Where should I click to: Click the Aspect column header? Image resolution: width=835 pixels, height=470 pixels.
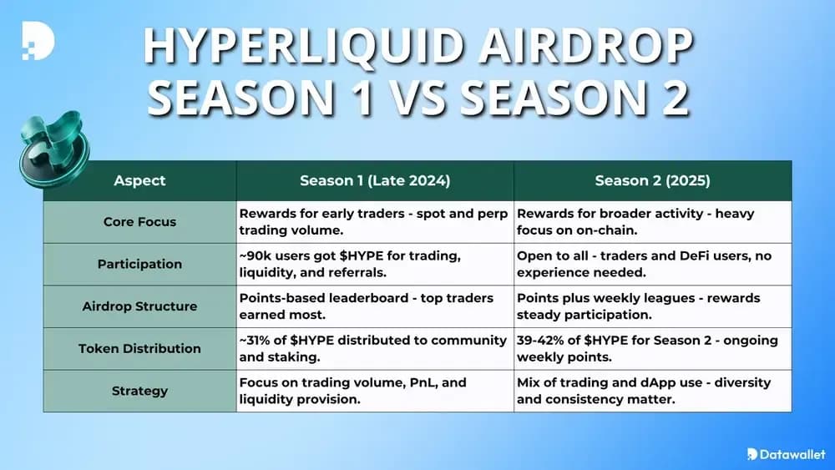click(139, 180)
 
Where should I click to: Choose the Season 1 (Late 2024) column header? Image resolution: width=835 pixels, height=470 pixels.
click(375, 180)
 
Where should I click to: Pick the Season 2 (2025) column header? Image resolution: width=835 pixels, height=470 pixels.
click(652, 180)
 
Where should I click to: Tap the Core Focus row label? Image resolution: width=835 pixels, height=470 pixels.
click(139, 222)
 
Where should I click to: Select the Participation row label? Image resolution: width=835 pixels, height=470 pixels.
click(139, 264)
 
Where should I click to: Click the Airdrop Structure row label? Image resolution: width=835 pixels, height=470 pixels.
click(139, 306)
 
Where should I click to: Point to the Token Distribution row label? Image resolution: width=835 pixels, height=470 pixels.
click(139, 348)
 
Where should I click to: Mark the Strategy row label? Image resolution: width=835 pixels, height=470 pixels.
click(139, 391)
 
